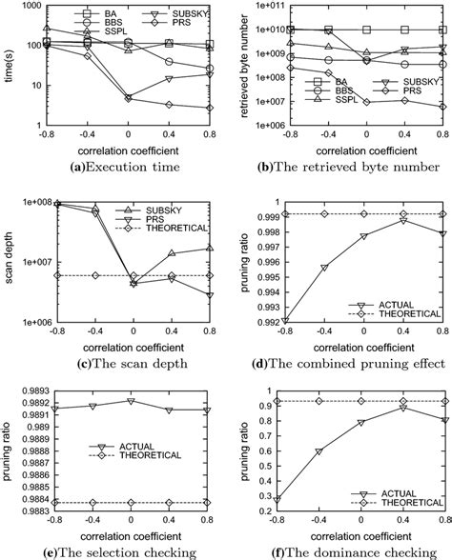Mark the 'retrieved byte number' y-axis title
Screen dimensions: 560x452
(x=245, y=66)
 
